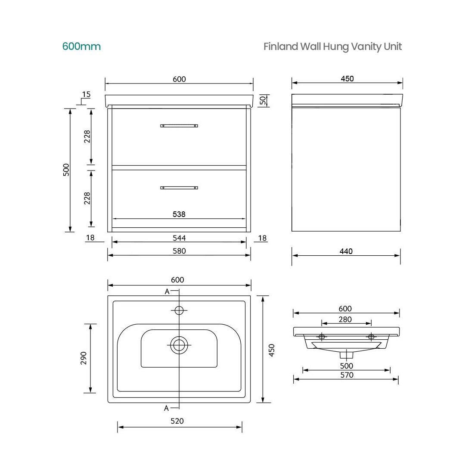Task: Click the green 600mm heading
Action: [x=81, y=46]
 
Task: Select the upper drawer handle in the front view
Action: [x=179, y=126]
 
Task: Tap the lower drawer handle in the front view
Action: [x=179, y=188]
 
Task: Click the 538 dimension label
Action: [x=179, y=214]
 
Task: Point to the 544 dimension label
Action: [x=179, y=238]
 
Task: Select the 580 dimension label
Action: [x=179, y=251]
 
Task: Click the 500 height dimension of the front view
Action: [x=66, y=170]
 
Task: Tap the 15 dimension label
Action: [x=86, y=94]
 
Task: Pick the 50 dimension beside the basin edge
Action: [x=261, y=100]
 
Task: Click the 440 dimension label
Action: [x=346, y=251]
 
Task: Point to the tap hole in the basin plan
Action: [x=179, y=310]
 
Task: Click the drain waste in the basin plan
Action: [x=179, y=345]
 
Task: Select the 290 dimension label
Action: [x=84, y=358]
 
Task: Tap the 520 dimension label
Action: [x=177, y=421]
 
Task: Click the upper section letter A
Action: [x=167, y=291]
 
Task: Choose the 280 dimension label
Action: [x=345, y=319]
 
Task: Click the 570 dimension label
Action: [x=347, y=375]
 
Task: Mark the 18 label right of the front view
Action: [x=262, y=238]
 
